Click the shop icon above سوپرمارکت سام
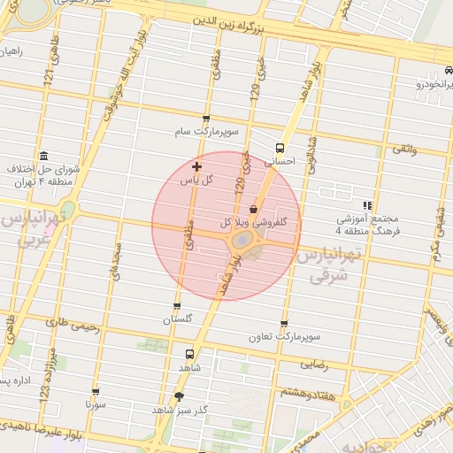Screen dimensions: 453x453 click(x=207, y=118)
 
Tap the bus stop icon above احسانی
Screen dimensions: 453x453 click(x=280, y=149)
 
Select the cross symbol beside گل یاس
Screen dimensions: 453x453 click(x=196, y=165)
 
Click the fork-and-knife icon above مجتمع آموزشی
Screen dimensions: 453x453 click(x=368, y=204)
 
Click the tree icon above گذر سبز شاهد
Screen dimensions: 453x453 click(x=180, y=396)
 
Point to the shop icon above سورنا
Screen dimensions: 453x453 click(x=96, y=391)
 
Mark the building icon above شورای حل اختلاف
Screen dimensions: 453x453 click(x=43, y=155)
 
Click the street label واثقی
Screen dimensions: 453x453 click(x=402, y=150)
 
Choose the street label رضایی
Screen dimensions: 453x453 click(x=314, y=364)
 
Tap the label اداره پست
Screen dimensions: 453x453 click(x=14, y=380)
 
